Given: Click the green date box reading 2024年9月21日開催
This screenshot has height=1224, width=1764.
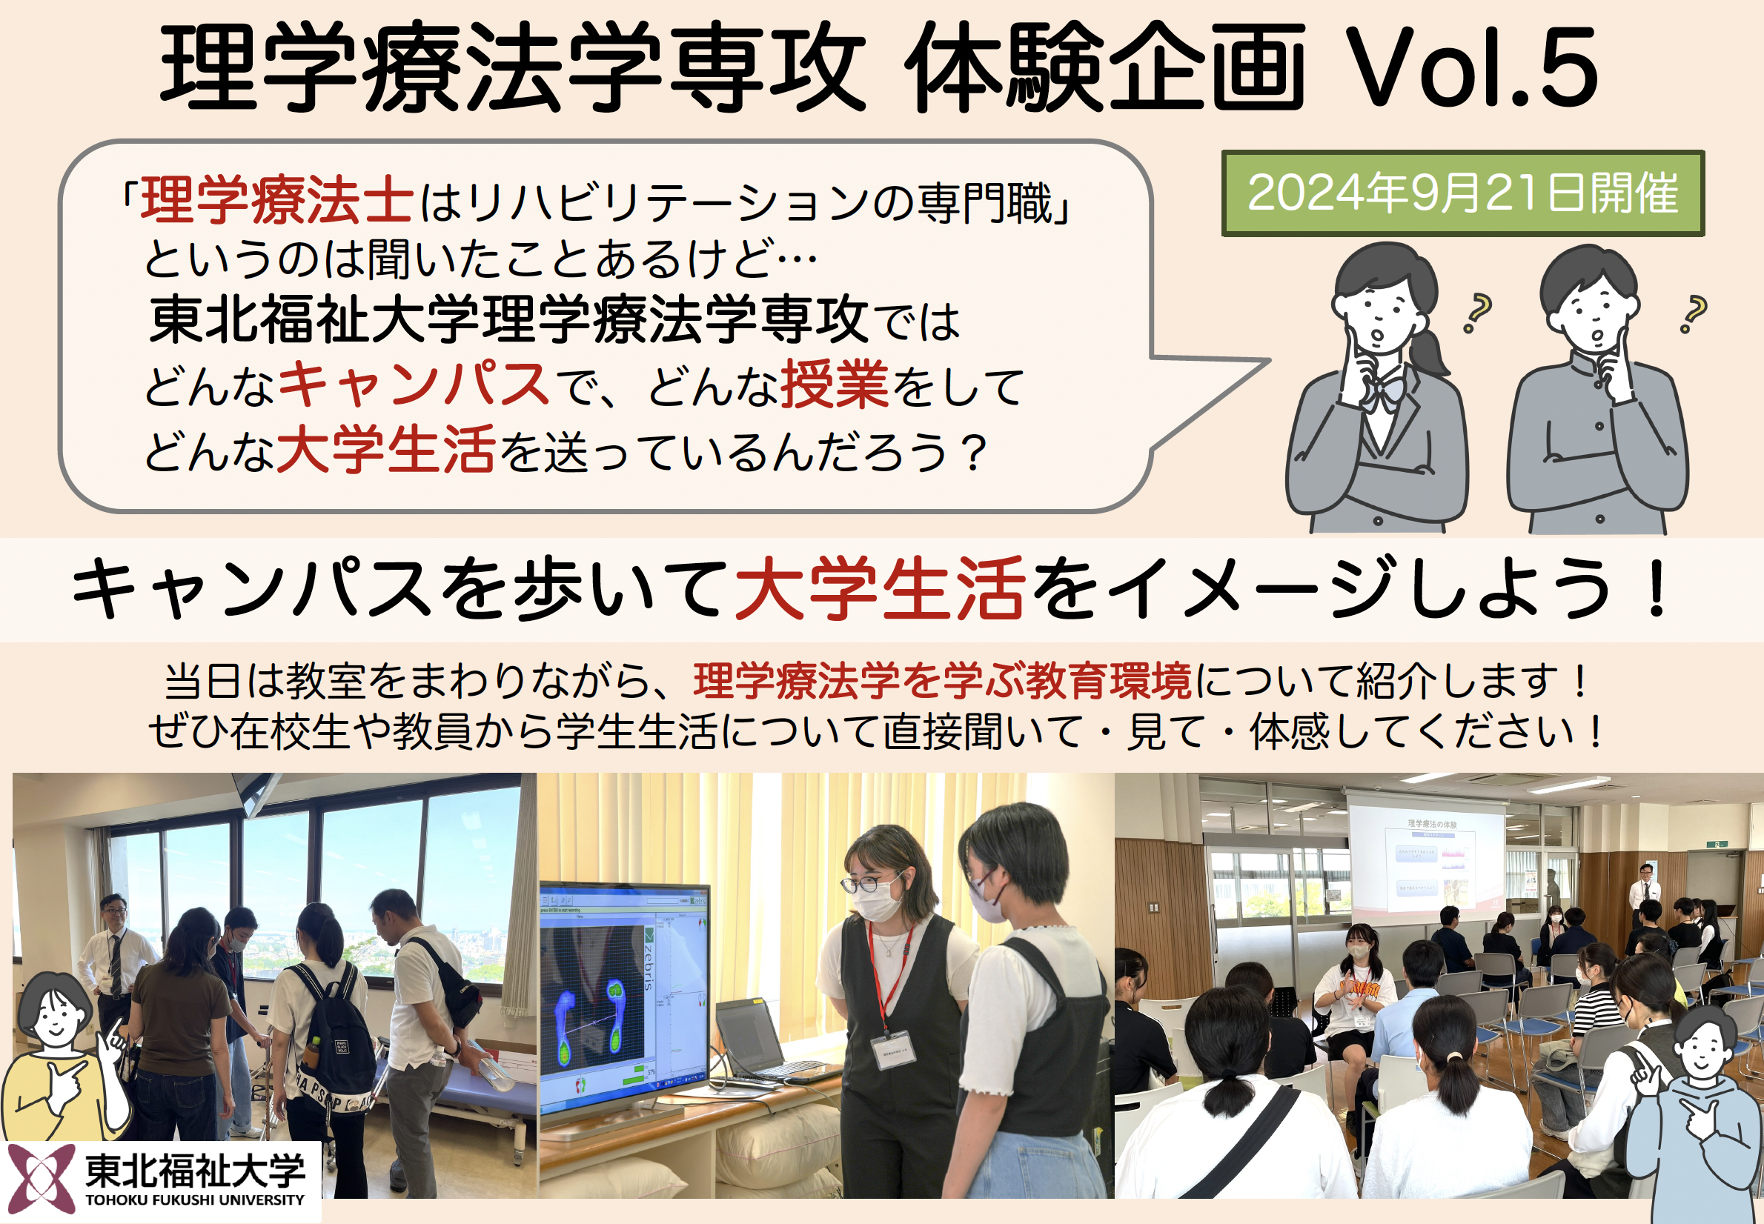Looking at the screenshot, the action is tap(1462, 193).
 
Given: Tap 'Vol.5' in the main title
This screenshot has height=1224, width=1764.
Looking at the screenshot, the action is tap(1471, 69).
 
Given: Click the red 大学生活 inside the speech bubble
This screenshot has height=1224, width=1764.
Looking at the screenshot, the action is tap(385, 450).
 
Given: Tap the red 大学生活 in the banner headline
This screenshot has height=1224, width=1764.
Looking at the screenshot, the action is tap(880, 588).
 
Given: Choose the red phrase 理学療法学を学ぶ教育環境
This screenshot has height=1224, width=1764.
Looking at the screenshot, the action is tap(943, 680).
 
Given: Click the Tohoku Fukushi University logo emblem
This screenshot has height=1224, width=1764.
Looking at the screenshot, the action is tap(42, 1179).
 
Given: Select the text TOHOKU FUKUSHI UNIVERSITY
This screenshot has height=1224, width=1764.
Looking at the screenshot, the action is tap(195, 1200).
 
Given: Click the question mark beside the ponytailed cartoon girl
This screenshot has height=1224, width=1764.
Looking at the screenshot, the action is tap(1477, 313).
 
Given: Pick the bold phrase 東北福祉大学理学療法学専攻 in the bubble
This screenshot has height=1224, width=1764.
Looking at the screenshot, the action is tap(508, 320).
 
